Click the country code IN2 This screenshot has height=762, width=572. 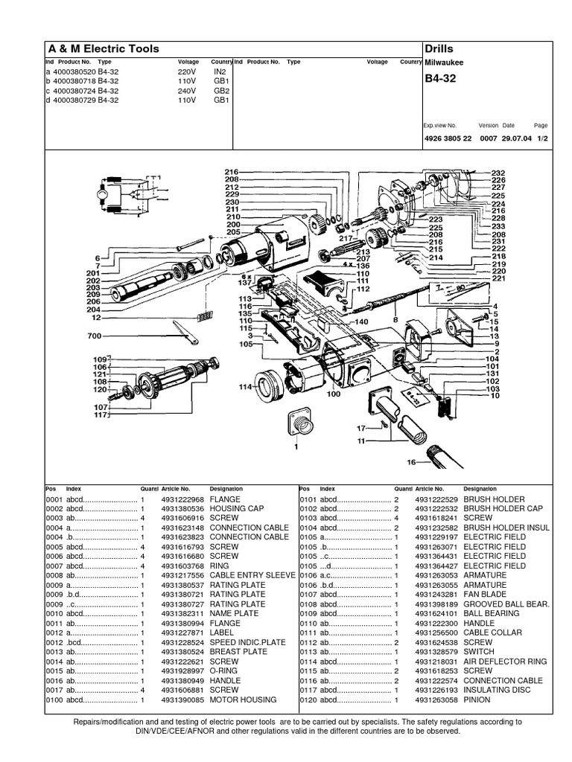(x=220, y=71)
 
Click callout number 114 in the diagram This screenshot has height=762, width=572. (x=245, y=387)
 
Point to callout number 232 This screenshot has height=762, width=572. (x=498, y=173)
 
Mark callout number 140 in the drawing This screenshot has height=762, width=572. (x=362, y=321)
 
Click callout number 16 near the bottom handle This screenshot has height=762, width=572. (x=410, y=462)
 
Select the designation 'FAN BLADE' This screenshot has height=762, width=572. (x=489, y=595)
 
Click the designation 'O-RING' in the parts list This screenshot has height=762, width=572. (x=226, y=671)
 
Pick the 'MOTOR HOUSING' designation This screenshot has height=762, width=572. (x=243, y=699)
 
